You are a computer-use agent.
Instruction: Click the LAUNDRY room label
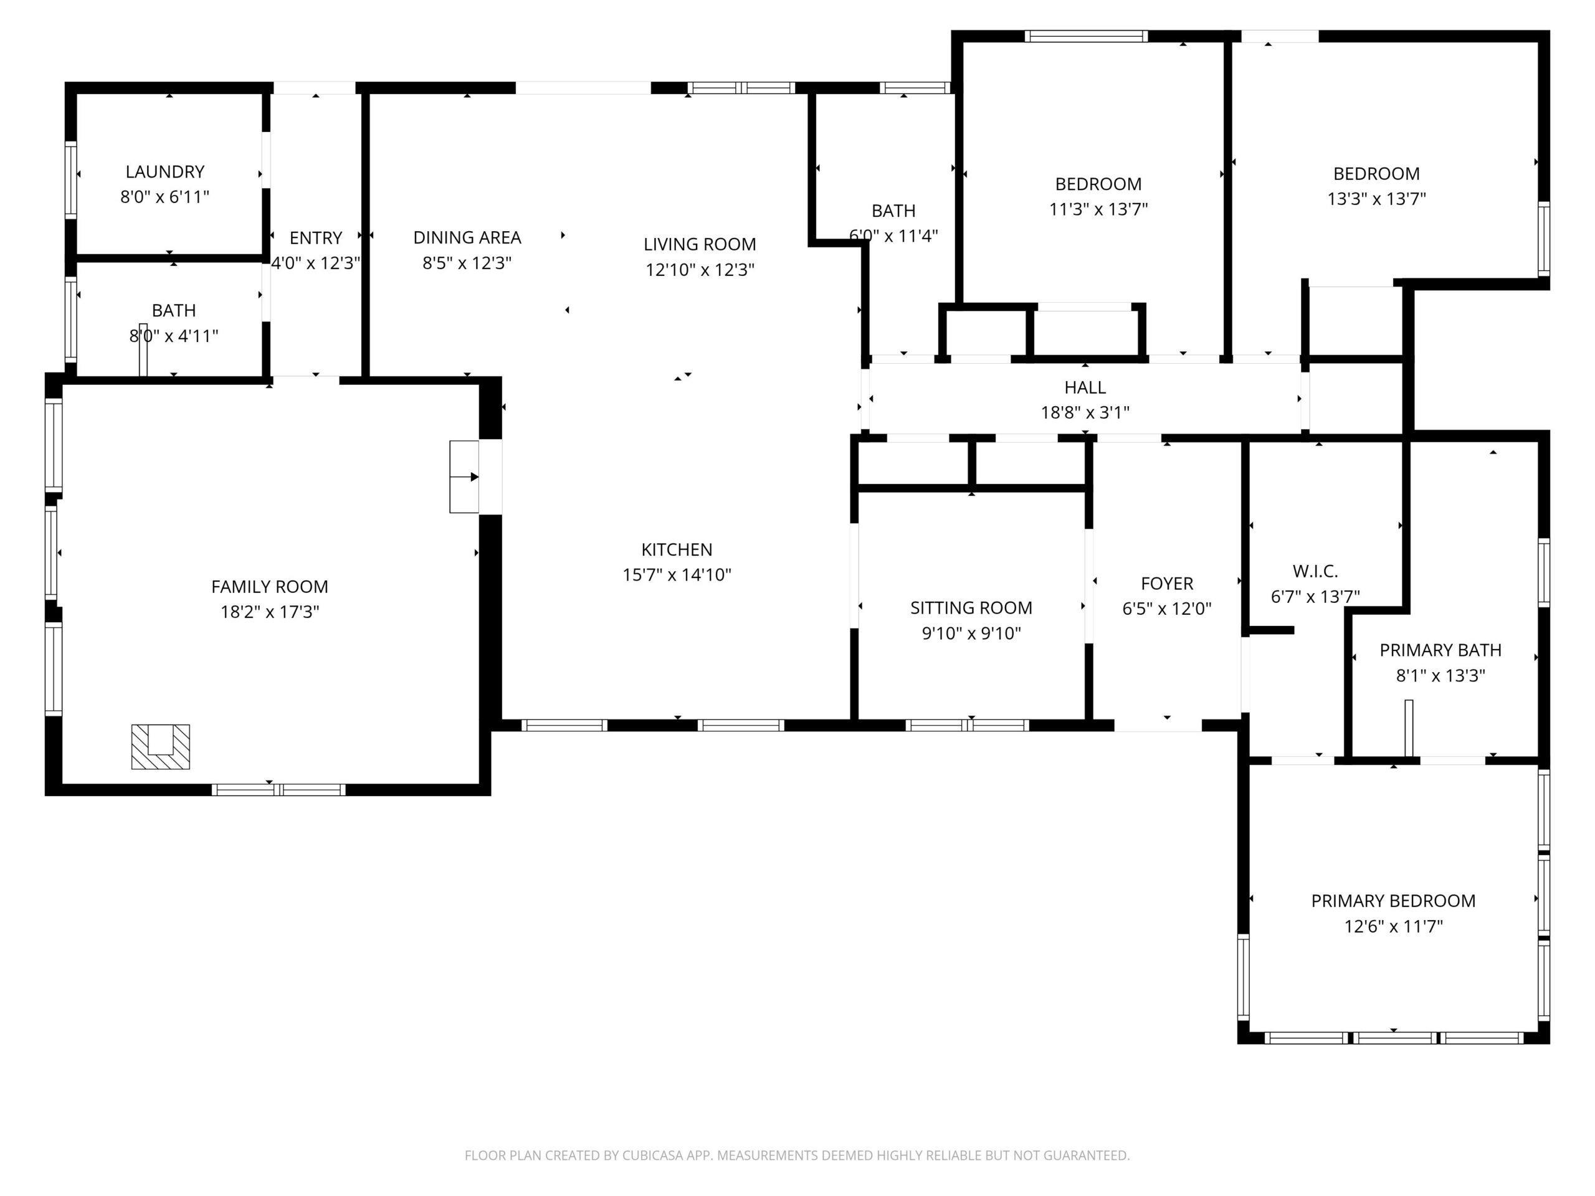(165, 171)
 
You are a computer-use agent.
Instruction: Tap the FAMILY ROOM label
(270, 587)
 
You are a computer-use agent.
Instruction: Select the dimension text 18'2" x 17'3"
(270, 612)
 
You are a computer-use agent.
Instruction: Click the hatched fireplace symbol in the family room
(160, 747)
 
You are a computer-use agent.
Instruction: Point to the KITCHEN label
(677, 550)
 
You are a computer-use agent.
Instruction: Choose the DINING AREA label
(467, 238)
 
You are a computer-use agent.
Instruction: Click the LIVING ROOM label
(700, 244)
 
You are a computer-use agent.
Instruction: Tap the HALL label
(1085, 388)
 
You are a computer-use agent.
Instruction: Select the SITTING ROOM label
(971, 609)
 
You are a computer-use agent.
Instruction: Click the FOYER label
(1167, 583)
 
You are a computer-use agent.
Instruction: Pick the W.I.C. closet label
(1315, 572)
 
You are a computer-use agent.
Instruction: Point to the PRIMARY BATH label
(1440, 650)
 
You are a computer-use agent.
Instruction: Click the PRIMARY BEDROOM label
(1393, 901)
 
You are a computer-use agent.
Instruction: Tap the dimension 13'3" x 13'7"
(1376, 199)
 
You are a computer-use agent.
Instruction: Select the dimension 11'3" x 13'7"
(1098, 209)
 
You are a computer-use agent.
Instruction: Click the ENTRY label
(316, 238)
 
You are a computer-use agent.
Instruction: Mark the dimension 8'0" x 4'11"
(174, 336)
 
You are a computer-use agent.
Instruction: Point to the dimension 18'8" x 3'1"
(1085, 412)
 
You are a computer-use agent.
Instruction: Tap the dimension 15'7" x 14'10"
(677, 576)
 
